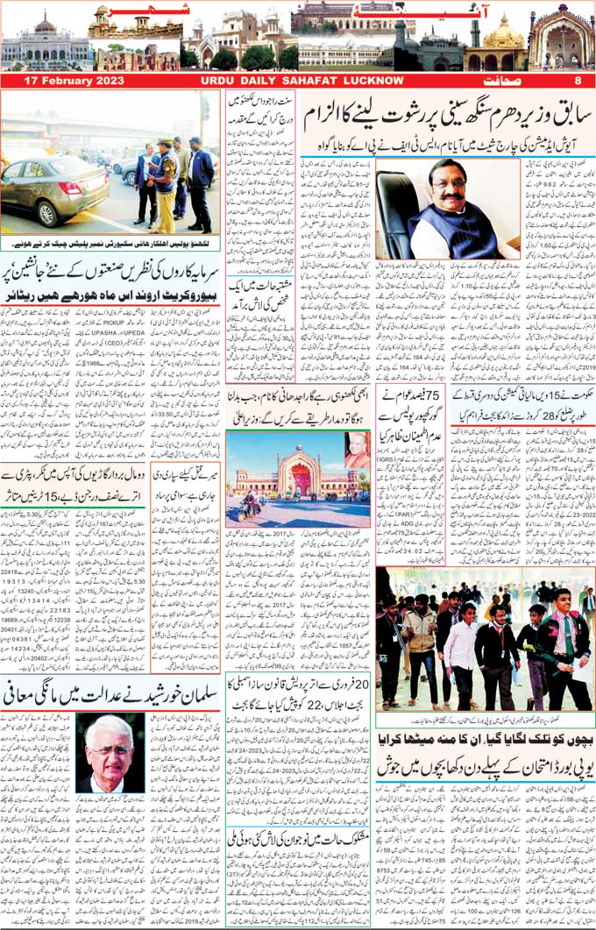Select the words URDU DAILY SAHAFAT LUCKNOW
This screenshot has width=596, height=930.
(295, 81)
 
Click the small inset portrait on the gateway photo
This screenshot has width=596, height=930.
(356, 449)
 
